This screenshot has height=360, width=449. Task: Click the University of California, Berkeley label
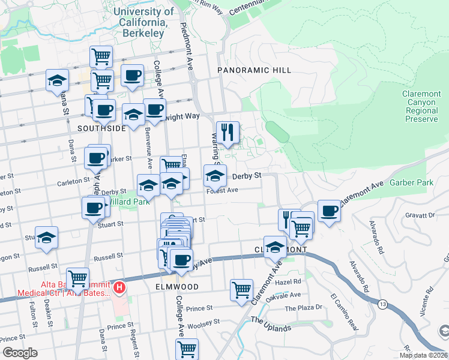[143, 22]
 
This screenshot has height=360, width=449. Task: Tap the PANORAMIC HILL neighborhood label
[254, 70]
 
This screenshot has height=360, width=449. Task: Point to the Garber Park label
[411, 182]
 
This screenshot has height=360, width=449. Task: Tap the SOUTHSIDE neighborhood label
[101, 128]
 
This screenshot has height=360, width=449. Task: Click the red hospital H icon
[119, 288]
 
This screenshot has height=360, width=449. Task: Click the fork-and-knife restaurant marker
[228, 133]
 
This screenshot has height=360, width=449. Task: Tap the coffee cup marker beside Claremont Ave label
[329, 211]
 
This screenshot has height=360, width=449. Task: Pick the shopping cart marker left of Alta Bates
[77, 278]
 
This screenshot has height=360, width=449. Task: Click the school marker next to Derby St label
[215, 176]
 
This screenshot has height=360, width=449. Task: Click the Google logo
[20, 353]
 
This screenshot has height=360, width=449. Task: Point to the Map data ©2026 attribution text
[423, 355]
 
